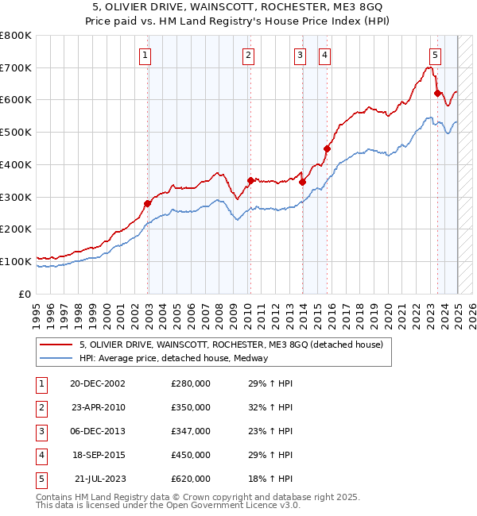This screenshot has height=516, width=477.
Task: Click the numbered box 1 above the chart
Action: coord(147,55)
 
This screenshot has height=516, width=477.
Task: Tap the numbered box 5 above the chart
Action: coord(436,55)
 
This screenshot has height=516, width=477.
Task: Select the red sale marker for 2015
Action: coord(327,148)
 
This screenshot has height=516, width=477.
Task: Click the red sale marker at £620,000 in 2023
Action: coord(437,93)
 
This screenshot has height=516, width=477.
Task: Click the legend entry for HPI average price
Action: coord(173,358)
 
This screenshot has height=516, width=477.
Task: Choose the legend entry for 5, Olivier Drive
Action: coord(231,345)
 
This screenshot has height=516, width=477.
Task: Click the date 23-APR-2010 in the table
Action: coord(98,407)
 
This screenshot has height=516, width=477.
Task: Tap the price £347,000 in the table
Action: coord(191,431)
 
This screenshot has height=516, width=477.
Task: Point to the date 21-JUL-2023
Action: coord(98,479)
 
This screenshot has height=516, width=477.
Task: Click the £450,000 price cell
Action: coord(191,455)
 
